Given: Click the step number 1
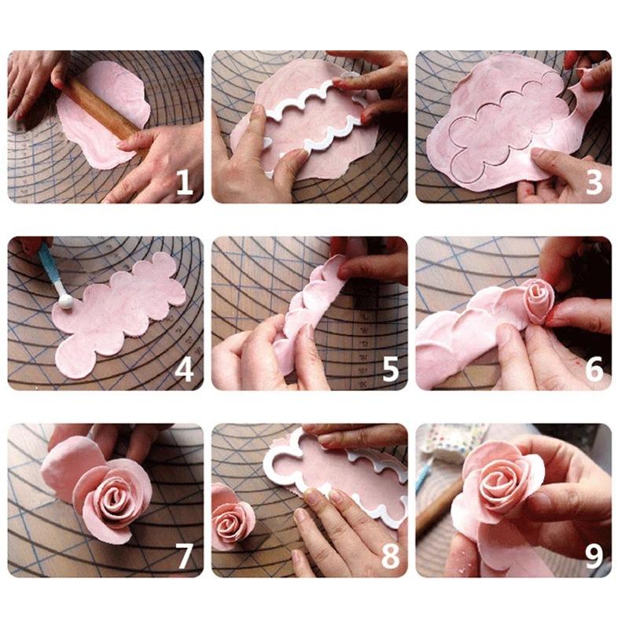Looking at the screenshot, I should tap(184, 182).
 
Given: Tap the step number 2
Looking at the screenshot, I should tap(388, 182).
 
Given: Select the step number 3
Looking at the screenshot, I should tap(594, 182).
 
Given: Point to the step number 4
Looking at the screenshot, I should tap(184, 369).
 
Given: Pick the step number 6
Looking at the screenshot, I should tap(594, 369).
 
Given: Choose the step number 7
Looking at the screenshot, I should tap(184, 556).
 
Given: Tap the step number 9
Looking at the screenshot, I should tap(594, 556).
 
